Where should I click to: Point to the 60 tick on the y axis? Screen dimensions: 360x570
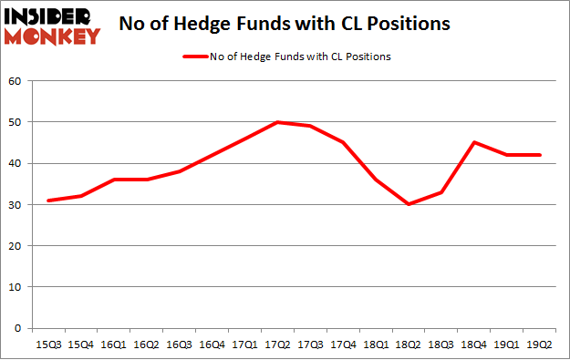pos(15,81)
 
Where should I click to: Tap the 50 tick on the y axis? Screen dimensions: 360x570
pos(15,122)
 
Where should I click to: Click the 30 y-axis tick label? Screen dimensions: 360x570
pos(15,204)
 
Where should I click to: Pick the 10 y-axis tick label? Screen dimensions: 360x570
pos(15,287)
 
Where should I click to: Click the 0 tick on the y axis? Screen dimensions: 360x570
pos(17,328)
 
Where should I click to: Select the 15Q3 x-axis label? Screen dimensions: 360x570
pos(47,345)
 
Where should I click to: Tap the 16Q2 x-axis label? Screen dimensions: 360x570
pos(146,345)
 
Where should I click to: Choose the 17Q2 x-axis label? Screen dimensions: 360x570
pos(276,345)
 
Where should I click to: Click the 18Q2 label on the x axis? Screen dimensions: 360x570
pos(409,345)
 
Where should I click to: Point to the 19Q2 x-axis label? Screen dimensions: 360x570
pos(539,345)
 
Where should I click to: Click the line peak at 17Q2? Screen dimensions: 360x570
pos(276,122)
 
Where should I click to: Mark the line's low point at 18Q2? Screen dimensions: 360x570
pos(409,204)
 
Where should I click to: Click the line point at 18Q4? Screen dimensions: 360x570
pos(473,142)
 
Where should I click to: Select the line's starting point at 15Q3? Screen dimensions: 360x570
pos(47,201)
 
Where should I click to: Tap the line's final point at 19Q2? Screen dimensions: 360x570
pos(539,155)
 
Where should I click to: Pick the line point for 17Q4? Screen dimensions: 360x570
pos(342,142)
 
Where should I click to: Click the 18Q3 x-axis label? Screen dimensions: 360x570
pos(440,345)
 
